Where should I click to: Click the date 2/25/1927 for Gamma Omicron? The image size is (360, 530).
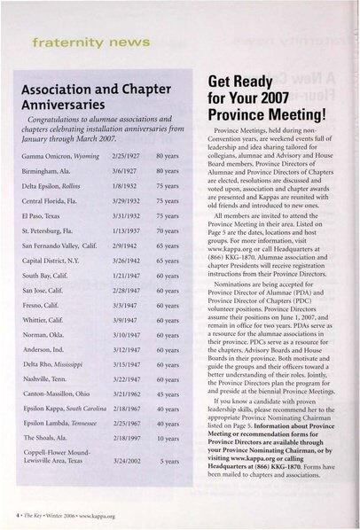[x=124, y=154]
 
